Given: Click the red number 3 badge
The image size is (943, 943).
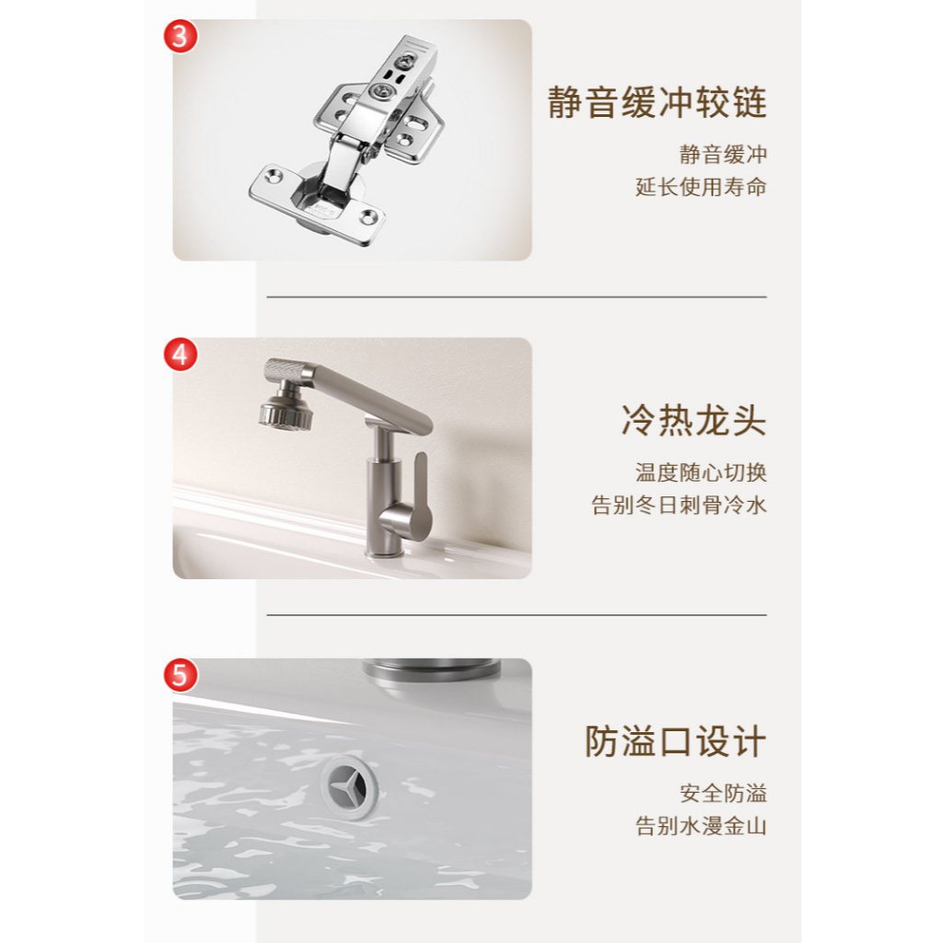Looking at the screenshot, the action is pyautogui.click(x=180, y=36).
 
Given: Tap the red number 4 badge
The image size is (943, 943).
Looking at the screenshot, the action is pyautogui.click(x=180, y=355).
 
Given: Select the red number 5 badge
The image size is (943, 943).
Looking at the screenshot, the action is pyautogui.click(x=180, y=675).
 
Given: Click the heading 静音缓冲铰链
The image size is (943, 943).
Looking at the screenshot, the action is pyautogui.click(x=657, y=102).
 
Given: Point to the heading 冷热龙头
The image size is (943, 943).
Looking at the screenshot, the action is pyautogui.click(x=694, y=420).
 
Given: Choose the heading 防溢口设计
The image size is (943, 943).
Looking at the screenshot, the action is pyautogui.click(x=675, y=741).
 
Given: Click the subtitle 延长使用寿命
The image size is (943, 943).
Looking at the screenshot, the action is pyautogui.click(x=701, y=187).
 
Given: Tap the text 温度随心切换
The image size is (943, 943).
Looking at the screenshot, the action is pyautogui.click(x=701, y=472).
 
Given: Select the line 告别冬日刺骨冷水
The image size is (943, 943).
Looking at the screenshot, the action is pyautogui.click(x=679, y=505).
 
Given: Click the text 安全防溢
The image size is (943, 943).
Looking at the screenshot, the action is pyautogui.click(x=724, y=793).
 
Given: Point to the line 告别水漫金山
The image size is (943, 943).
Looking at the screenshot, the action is pyautogui.click(x=701, y=826).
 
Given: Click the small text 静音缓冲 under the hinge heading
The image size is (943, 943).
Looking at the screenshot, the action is pyautogui.click(x=724, y=155).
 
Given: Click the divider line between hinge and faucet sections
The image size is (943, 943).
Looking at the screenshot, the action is pyautogui.click(x=517, y=297).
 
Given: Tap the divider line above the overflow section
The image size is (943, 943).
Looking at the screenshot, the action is pyautogui.click(x=517, y=615).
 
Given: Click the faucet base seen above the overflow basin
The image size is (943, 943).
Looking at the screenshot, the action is pyautogui.click(x=431, y=672).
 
